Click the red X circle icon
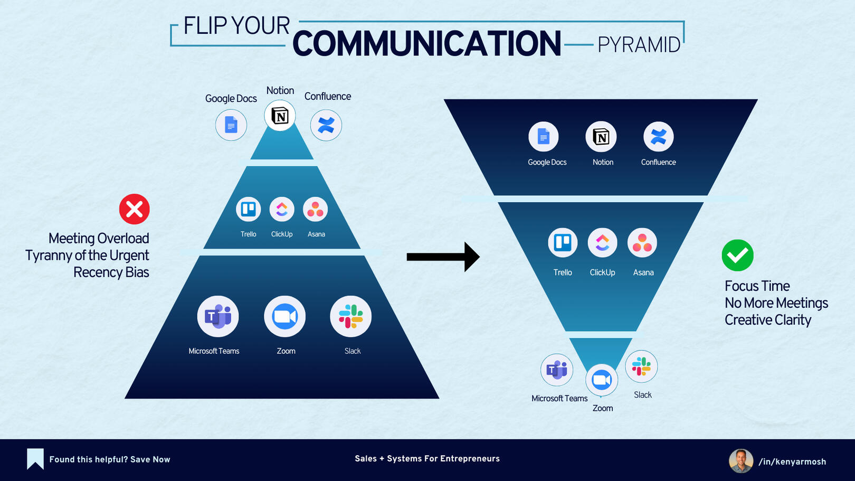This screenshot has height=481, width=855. click(135, 209)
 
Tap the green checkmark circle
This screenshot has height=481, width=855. click(737, 256)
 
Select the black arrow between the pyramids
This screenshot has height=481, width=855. click(443, 257)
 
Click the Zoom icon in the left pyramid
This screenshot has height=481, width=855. click(284, 316)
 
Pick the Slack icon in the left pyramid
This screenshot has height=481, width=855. click(350, 316)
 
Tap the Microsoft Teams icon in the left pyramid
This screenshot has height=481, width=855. click(218, 316)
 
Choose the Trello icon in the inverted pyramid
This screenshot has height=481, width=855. click(563, 243)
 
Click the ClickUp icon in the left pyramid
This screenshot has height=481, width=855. click(282, 210)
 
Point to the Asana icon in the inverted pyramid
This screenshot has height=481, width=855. click(642, 243)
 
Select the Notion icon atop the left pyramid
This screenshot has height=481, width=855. click(280, 116)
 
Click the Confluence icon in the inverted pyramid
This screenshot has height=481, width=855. click(658, 137)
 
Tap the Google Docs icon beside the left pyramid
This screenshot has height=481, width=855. click(231, 125)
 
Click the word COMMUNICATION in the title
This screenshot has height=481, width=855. click(426, 44)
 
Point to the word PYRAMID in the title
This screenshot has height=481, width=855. click(639, 45)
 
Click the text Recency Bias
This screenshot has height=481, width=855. click(111, 272)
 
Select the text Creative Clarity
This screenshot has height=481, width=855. click(767, 320)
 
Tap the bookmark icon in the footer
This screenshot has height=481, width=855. click(35, 459)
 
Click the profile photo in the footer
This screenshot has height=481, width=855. click(740, 461)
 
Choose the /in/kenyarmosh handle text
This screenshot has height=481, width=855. click(792, 462)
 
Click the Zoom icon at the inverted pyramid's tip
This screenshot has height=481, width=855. click(602, 380)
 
